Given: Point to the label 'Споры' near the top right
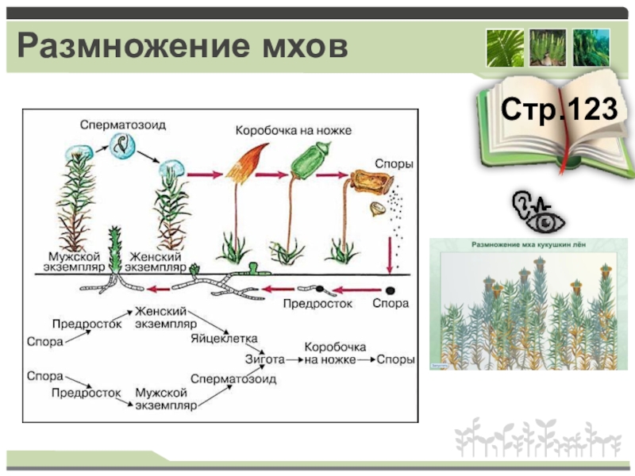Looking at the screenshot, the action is coord(392,163).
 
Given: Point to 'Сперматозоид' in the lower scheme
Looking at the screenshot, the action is coord(233,379).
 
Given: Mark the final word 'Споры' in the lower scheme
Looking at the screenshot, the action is coord(394,359).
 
